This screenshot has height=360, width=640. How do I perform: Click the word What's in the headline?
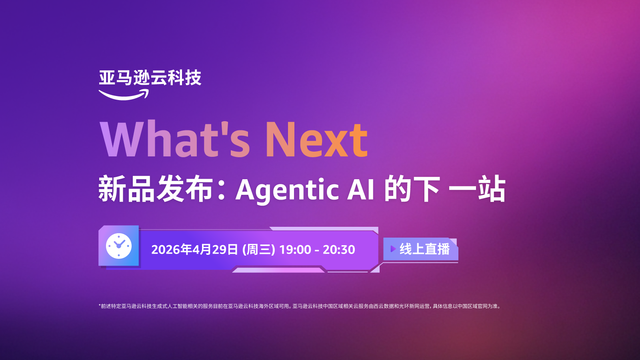point(175,139)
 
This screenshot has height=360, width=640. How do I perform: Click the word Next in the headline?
point(316,139)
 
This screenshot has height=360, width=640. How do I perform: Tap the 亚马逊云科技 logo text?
point(150,78)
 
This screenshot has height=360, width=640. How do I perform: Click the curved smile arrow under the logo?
point(124,95)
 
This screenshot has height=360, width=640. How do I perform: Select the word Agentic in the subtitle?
point(287,190)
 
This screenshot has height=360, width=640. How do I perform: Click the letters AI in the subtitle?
point(360,190)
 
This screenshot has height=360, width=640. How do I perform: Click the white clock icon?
point(119,246)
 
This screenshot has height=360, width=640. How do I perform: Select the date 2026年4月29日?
point(194,250)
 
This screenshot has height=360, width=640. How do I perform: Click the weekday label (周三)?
point(258,250)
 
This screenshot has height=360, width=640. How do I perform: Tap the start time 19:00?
point(295,250)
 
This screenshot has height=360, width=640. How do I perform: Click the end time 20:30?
point(339,250)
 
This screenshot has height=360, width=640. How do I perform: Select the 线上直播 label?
point(424,249)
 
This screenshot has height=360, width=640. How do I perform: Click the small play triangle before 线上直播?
point(393,249)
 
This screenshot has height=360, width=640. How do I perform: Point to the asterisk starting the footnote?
point(100,306)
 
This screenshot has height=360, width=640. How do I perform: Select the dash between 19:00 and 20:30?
point(317,250)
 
